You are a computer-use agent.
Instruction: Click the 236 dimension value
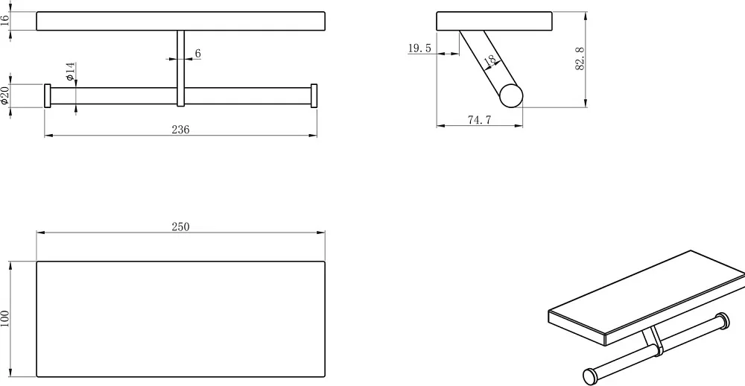click(x=180, y=130)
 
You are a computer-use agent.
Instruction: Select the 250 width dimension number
click(x=180, y=227)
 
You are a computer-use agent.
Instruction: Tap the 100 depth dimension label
click(x=4, y=319)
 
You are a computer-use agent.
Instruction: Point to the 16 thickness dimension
click(x=4, y=21)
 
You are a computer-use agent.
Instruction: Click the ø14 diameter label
click(x=70, y=72)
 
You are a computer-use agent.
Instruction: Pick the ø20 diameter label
click(x=4, y=95)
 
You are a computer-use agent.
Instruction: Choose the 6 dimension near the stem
click(x=197, y=53)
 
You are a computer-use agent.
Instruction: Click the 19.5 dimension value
click(x=419, y=48)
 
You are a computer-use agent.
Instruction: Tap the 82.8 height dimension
click(x=580, y=59)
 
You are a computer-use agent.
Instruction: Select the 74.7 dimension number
click(x=479, y=120)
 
